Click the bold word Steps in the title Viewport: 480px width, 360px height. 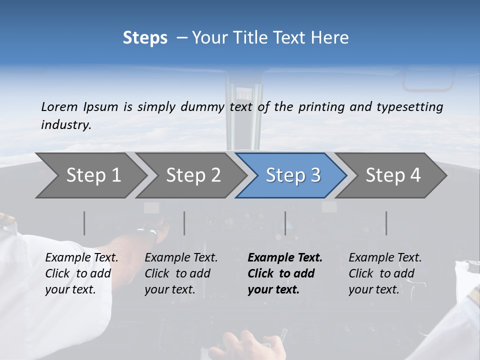[x=145, y=38]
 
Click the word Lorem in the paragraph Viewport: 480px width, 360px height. [x=59, y=107]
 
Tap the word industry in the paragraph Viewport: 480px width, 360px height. [x=65, y=125]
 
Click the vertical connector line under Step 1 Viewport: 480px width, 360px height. [x=84, y=223]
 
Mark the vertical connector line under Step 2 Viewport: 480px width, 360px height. [x=184, y=223]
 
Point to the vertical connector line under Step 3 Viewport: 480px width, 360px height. [x=285, y=223]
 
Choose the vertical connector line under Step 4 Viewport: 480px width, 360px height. [x=386, y=223]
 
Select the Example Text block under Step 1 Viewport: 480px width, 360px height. [x=81, y=273]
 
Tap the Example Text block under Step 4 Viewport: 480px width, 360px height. [x=385, y=273]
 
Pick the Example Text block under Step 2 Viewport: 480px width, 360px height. [x=181, y=273]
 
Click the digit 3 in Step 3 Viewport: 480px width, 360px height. [x=315, y=175]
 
